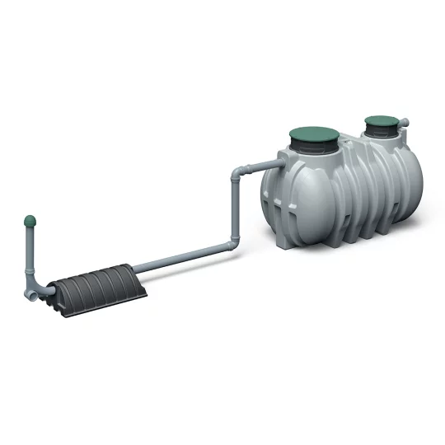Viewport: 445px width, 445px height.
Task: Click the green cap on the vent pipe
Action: click(x=30, y=222)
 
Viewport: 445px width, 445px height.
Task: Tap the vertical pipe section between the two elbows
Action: click(x=236, y=210)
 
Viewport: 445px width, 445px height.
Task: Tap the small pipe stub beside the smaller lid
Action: click(x=404, y=124)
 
